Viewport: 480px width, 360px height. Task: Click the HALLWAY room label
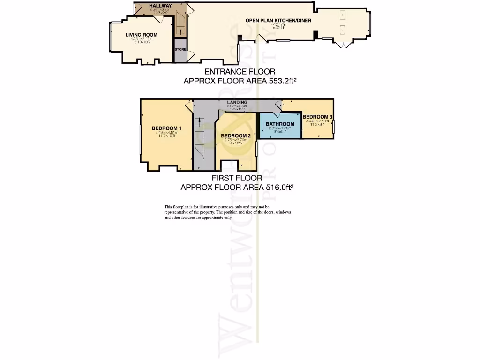coord(161,6)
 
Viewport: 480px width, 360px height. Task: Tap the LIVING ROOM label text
coord(141,35)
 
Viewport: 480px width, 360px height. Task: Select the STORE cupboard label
coord(180,49)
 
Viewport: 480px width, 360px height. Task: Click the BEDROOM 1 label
coord(166,128)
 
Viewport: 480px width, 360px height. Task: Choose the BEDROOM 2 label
coord(236,135)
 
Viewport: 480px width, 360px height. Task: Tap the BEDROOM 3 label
coord(317,117)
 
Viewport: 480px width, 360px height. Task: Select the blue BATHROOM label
coord(280,124)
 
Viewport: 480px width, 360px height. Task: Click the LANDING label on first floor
coord(237,102)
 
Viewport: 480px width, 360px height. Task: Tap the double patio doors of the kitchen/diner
coord(345,45)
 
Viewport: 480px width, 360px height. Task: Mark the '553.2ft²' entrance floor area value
coord(280,81)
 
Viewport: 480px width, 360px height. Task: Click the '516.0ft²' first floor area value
coord(277,187)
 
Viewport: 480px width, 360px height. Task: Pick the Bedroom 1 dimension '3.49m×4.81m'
coord(166,133)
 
